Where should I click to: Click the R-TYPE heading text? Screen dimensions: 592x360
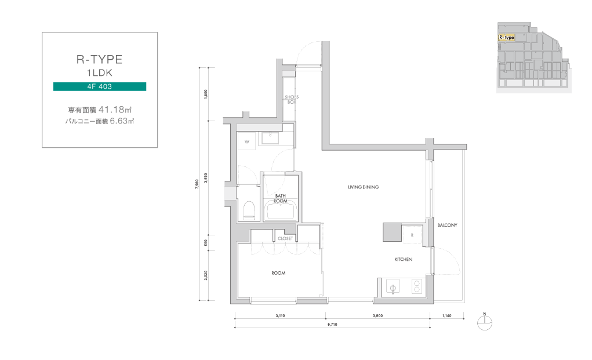point(99,59)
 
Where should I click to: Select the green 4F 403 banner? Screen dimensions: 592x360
point(100,86)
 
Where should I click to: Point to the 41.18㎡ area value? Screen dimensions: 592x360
point(115,110)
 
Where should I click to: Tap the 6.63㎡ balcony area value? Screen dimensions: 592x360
point(122,121)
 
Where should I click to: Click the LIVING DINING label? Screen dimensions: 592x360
point(363,187)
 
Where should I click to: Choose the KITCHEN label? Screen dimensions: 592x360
point(403,259)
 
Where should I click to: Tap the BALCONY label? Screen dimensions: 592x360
point(447,225)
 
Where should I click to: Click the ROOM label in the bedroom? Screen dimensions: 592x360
point(278,273)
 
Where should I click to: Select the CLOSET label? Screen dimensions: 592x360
point(285,238)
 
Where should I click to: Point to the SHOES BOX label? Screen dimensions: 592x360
point(292,99)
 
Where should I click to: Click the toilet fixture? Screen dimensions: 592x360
point(249,210)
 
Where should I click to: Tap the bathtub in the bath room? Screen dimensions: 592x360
point(281,210)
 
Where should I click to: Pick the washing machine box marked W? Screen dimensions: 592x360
point(247,141)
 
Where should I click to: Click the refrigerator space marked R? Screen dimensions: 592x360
point(412,235)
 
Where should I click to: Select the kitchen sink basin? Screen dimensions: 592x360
point(393,287)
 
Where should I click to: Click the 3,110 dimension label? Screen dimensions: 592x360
point(280,315)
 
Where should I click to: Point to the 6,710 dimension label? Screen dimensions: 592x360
point(332,324)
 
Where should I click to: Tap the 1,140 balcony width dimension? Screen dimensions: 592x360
point(446,315)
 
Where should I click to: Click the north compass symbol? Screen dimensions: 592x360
point(485,322)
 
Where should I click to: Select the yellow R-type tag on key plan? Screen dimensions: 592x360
point(506,37)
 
